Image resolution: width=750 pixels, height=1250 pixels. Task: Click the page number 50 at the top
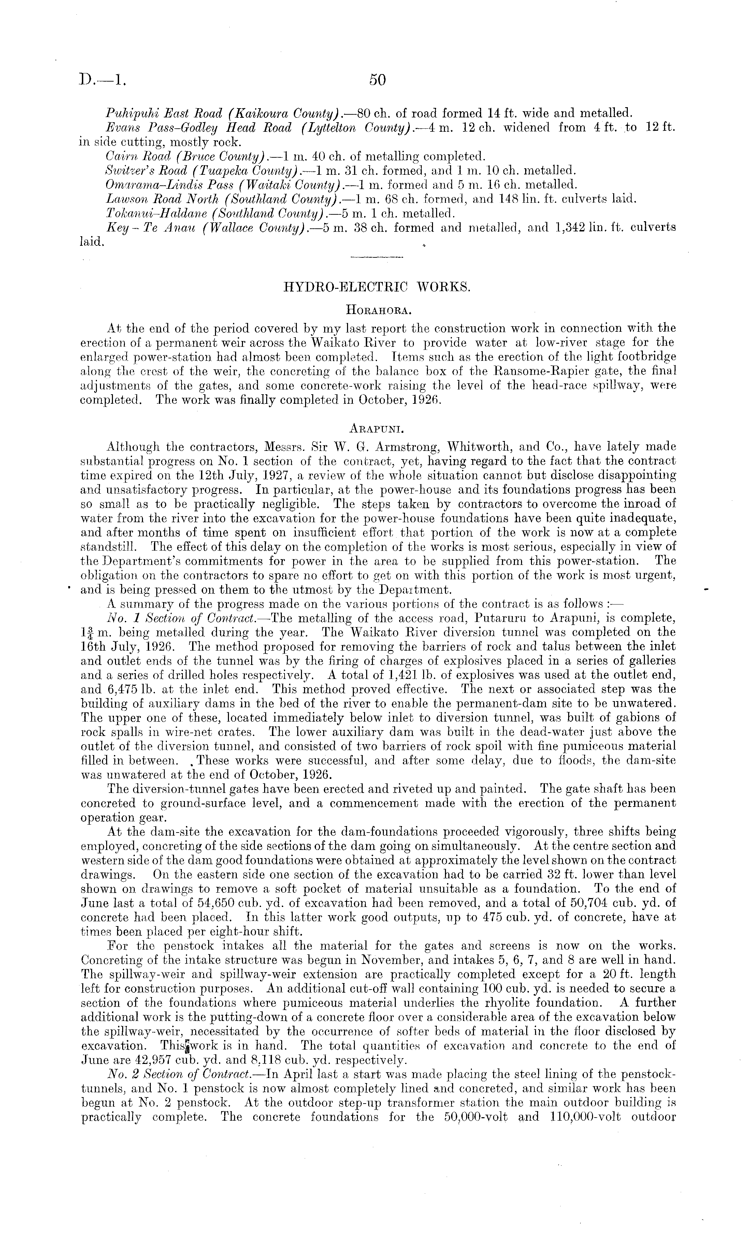377,80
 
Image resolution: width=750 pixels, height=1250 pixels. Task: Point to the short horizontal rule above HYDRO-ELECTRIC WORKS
377,259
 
